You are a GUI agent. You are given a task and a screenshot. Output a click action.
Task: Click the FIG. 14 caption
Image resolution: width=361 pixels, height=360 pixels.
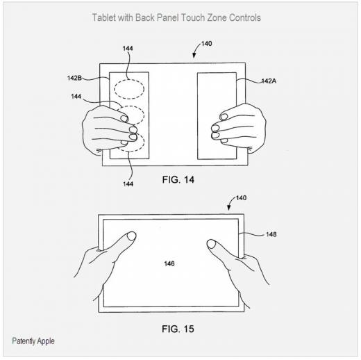178,180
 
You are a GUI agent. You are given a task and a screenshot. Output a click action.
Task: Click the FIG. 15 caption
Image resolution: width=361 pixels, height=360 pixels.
178,329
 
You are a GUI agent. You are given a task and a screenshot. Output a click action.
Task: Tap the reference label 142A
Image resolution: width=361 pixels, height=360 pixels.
269,81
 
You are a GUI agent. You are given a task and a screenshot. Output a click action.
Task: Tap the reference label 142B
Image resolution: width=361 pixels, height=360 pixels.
74,78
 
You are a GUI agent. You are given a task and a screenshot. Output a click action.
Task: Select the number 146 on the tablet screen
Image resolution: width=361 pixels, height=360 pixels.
169,263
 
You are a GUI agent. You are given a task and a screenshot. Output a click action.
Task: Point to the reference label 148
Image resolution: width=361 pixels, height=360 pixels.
271,234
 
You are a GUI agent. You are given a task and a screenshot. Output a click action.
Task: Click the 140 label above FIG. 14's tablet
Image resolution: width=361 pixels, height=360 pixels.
207,44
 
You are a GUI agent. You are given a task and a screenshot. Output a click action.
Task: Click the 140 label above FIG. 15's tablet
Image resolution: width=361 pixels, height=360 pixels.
241,198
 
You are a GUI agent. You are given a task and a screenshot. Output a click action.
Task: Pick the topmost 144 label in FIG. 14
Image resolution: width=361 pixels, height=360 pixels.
128,49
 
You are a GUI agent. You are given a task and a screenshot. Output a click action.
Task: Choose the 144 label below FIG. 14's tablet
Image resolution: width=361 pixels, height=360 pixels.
128,184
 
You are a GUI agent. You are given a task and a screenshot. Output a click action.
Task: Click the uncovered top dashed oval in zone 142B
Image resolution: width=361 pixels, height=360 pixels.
129,80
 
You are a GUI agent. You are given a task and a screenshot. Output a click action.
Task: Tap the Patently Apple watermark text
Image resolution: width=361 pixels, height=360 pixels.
33,341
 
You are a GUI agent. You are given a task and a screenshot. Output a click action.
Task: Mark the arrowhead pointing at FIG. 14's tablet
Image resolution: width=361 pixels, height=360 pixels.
194,56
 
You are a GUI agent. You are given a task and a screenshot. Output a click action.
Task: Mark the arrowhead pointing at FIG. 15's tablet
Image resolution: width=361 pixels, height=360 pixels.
229,208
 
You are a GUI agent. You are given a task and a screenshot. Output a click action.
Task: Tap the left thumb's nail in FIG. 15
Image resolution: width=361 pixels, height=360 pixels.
132,236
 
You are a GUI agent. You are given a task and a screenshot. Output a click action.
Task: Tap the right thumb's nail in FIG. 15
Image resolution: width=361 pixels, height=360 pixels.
211,244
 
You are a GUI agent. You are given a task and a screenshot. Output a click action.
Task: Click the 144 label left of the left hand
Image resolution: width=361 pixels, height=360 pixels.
76,97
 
